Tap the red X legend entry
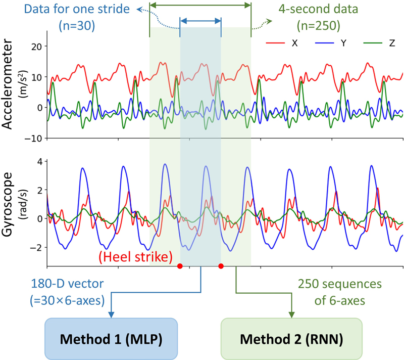(x=283, y=43)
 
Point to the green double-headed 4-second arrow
(x=200, y=5)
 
